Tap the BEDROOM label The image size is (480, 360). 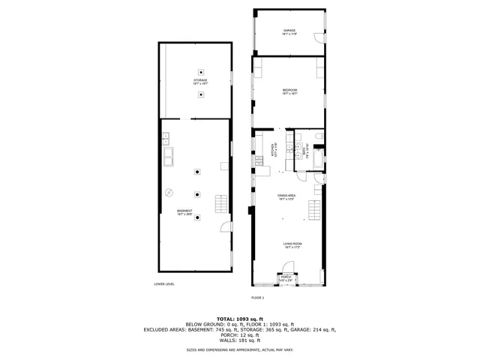pyautogui.click(x=289, y=91)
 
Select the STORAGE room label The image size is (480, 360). pyautogui.click(x=200, y=80)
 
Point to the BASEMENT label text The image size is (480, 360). pyautogui.click(x=184, y=211)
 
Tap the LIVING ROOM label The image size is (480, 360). pyautogui.click(x=291, y=244)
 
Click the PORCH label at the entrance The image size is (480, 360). pyautogui.click(x=286, y=278)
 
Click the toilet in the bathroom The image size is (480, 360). pyautogui.click(x=319, y=136)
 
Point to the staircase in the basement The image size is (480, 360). pyautogui.click(x=221, y=203)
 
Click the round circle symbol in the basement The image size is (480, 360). pyautogui.click(x=169, y=191)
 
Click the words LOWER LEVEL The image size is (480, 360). pyautogui.click(x=164, y=284)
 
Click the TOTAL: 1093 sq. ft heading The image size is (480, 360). pyautogui.click(x=240, y=318)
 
